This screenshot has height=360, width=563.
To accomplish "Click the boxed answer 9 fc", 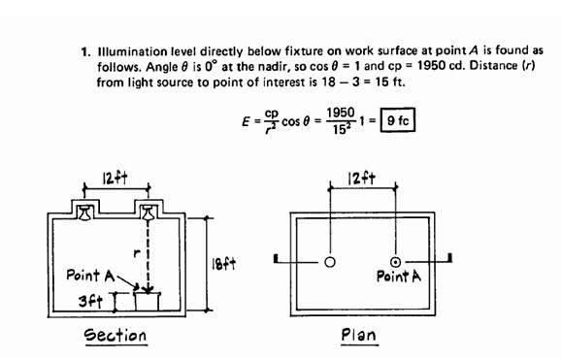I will pyautogui.click(x=397, y=123).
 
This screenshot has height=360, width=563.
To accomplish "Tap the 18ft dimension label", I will pyautogui.click(x=222, y=263).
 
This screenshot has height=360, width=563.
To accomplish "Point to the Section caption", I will pyautogui.click(x=115, y=336).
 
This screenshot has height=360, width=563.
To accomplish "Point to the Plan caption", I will pyautogui.click(x=358, y=336).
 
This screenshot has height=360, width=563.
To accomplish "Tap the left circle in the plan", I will pyautogui.click(x=330, y=262).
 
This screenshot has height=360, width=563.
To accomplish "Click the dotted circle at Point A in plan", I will pyautogui.click(x=396, y=262).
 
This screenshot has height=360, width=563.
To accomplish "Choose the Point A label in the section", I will pyautogui.click(x=89, y=276).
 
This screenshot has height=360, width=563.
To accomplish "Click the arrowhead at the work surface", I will pyautogui.click(x=149, y=287).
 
